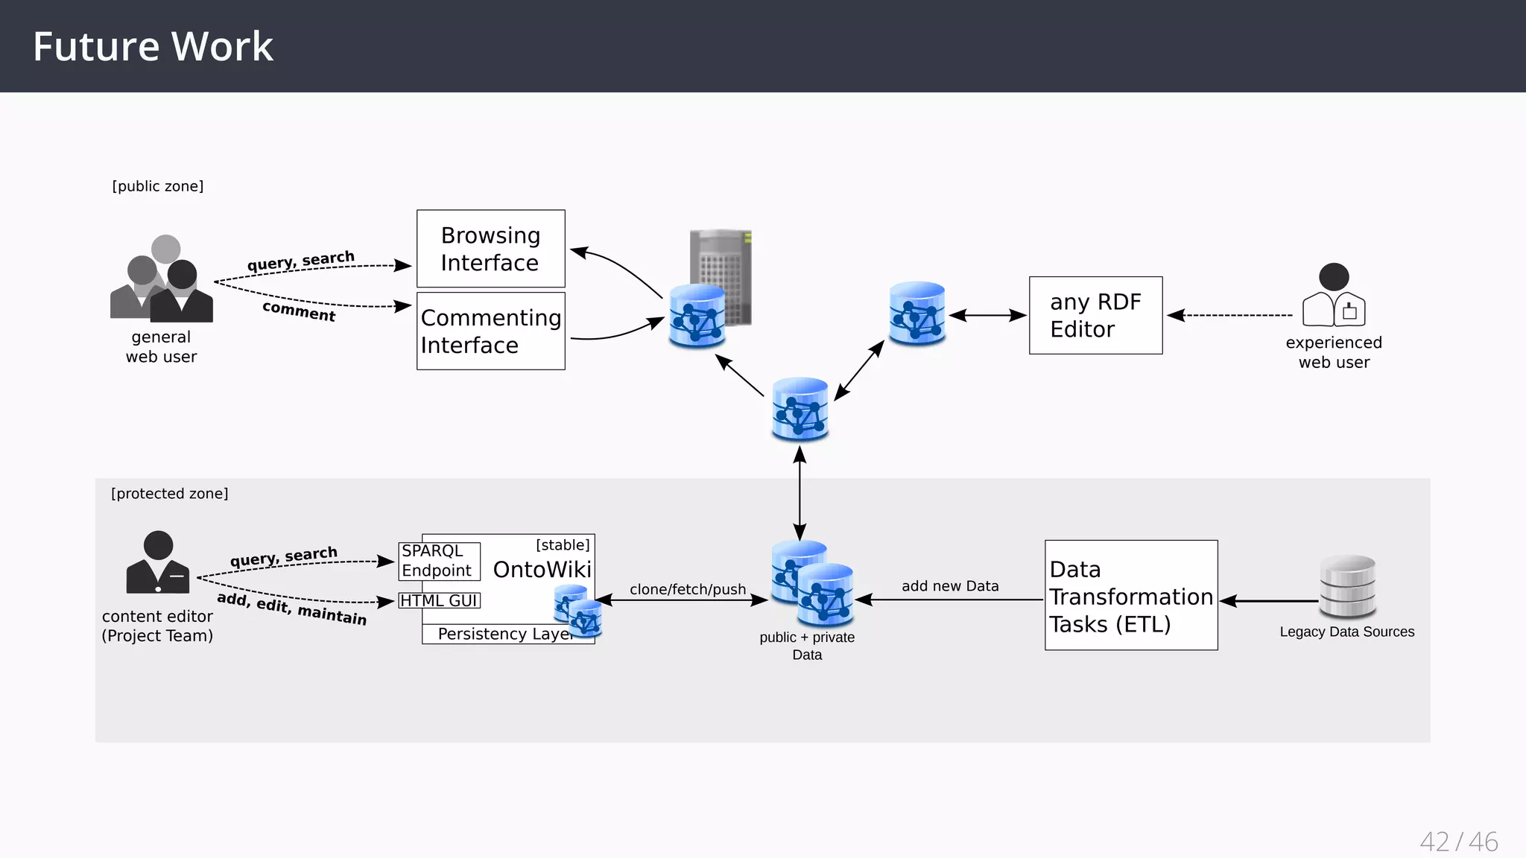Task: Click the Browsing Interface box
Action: coord(491,249)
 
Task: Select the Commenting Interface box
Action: coord(491,331)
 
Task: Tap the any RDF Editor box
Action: coord(1095,315)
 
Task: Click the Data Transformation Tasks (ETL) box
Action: coord(1131,595)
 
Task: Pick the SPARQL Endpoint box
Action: coord(439,561)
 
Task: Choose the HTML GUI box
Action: coord(440,600)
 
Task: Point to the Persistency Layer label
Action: coord(505,634)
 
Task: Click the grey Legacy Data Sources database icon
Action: coord(1347,586)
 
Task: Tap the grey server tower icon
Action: coord(721,277)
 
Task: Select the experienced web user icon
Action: coord(1334,295)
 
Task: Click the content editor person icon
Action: coord(158,562)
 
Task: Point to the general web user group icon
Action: coord(162,279)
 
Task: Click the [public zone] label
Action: coord(158,186)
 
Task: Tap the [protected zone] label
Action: coord(170,494)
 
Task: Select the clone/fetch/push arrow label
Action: coord(688,589)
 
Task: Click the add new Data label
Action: coord(950,586)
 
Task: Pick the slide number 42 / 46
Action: coord(1459,842)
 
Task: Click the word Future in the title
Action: coord(96,46)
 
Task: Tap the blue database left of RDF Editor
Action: coord(917,313)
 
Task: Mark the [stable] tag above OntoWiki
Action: coord(563,545)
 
